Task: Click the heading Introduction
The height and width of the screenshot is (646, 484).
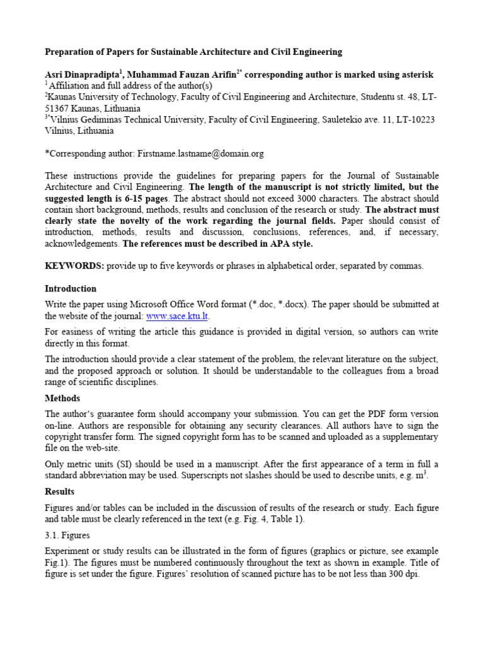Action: click(x=71, y=288)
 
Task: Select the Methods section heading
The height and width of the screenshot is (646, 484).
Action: click(x=62, y=398)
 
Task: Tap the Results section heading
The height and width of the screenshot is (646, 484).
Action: click(x=59, y=491)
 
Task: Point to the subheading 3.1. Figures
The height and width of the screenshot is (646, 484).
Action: click(x=67, y=536)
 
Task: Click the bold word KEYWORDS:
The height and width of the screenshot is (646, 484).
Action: click(x=74, y=266)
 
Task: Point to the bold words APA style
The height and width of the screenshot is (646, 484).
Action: click(x=288, y=244)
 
